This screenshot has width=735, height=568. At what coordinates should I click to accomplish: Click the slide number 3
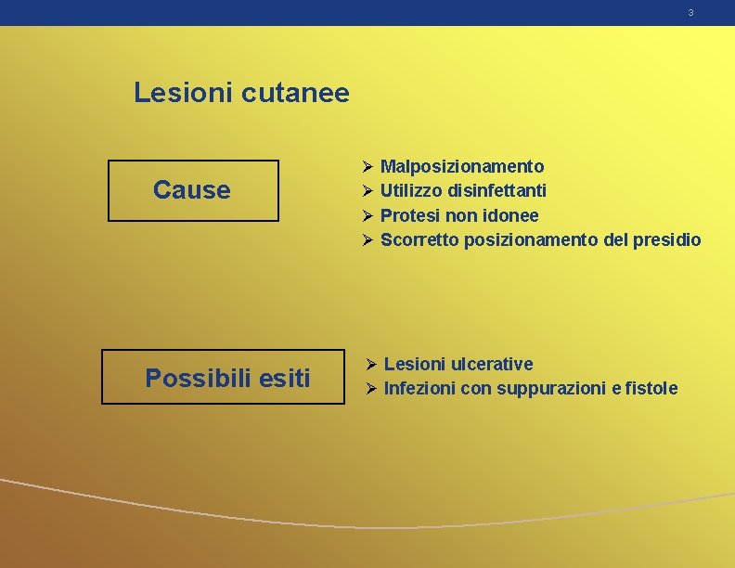click(690, 13)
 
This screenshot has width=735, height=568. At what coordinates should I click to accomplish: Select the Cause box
click(193, 190)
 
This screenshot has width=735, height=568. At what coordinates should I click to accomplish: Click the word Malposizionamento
click(462, 166)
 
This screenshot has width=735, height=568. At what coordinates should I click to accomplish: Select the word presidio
click(667, 239)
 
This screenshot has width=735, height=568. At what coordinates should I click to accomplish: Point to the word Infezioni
click(419, 388)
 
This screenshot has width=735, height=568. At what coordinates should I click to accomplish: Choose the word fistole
click(651, 388)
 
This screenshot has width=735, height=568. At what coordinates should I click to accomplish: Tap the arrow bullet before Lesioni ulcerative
click(370, 364)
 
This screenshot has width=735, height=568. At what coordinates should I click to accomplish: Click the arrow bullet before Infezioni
click(370, 388)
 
